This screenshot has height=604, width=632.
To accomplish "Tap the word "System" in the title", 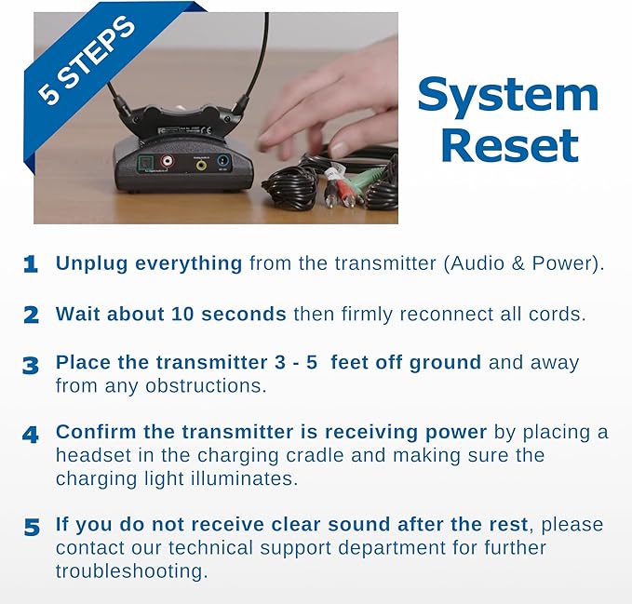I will pos(507,95).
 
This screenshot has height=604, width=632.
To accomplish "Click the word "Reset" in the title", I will pos(509,145).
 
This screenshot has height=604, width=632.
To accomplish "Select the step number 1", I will pos(31,264).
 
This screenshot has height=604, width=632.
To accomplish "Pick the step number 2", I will pos(31,315).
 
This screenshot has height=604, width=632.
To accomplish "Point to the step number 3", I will pos(31,365).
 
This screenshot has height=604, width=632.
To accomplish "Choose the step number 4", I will pos(31,434).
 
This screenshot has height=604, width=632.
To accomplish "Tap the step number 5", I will pos(31,528).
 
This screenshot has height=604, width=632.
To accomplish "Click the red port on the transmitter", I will pos(168,161).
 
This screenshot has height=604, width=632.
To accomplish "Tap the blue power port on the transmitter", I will pos(223,162).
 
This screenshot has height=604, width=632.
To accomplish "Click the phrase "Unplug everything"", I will pos(149,263).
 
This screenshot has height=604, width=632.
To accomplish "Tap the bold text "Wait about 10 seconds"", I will pos(170,314).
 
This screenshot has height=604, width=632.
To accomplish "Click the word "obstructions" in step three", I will pos(208,384).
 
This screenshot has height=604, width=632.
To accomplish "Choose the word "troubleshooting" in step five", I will pos(131,570).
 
